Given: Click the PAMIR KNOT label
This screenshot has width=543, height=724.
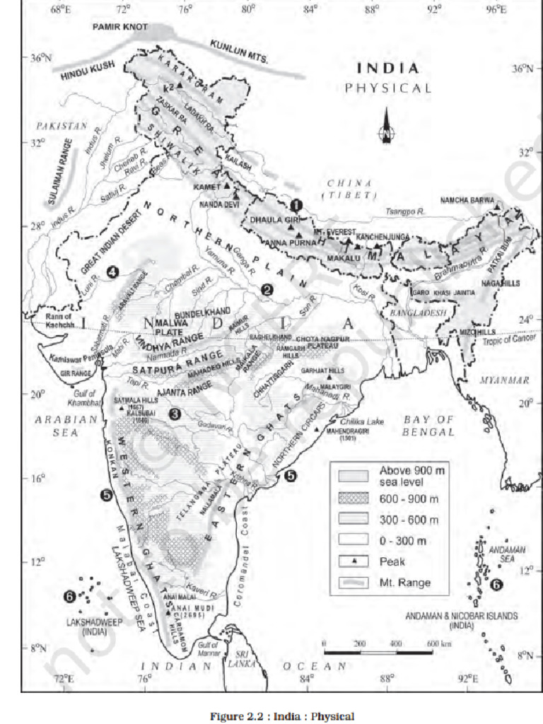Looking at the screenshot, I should (x=120, y=26).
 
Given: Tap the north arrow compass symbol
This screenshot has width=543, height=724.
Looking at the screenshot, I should (x=385, y=127).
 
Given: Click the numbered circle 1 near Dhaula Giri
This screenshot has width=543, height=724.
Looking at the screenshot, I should (x=297, y=204).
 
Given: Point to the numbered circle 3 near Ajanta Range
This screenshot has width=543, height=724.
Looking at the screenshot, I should (x=174, y=414).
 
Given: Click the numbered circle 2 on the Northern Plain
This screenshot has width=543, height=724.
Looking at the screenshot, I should (x=267, y=288).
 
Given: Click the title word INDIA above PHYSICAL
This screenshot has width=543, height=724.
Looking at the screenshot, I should (x=387, y=69).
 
